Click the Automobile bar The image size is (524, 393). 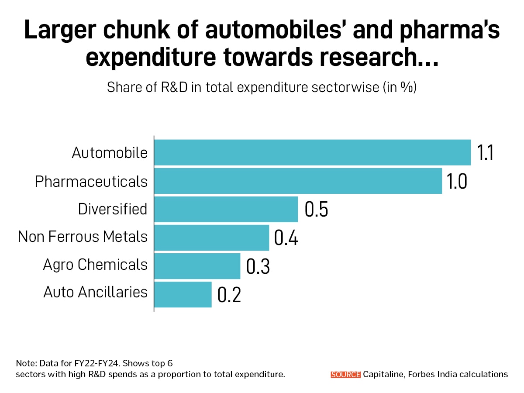(312, 152)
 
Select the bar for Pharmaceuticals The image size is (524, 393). (298, 181)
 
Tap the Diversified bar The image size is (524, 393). (226, 209)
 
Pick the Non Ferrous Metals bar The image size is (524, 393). (211, 238)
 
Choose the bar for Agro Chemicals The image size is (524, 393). (197, 266)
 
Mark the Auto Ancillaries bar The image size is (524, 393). (183, 294)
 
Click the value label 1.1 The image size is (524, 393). (485, 153)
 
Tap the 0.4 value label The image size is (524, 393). (286, 238)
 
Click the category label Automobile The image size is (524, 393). (110, 153)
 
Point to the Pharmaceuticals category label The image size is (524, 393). (91, 181)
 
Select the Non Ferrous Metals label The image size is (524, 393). (83, 237)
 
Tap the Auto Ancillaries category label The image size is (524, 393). (96, 292)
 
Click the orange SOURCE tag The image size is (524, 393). (346, 374)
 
